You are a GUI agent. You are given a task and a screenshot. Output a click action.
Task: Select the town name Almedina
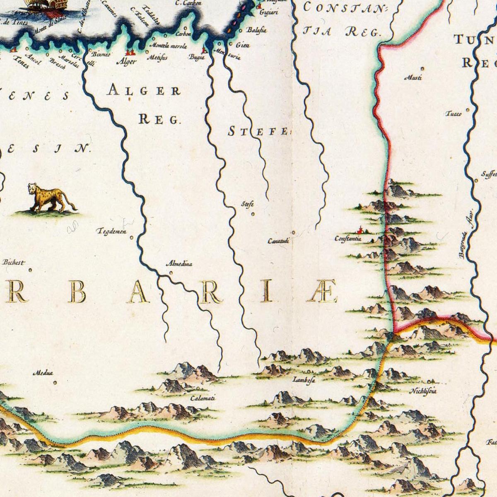click(179, 263)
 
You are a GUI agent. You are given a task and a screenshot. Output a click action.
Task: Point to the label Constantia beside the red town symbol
click(348, 239)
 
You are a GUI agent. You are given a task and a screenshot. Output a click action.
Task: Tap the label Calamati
click(203, 398)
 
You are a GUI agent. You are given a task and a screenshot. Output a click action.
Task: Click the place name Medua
click(43, 374)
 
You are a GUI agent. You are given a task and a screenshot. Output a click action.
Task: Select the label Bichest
click(13, 262)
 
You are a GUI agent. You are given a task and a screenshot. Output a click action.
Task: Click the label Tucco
click(453, 114)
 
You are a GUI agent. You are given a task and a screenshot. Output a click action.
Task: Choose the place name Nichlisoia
click(423, 391)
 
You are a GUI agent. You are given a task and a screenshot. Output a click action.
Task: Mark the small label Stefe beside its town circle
click(247, 204)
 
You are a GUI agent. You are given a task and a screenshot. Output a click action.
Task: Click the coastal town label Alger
click(127, 62)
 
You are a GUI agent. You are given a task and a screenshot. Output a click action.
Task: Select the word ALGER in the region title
click(143, 90)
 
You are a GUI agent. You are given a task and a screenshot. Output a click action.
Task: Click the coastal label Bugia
click(197, 58)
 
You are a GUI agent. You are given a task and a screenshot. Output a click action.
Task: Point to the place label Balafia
click(256, 30)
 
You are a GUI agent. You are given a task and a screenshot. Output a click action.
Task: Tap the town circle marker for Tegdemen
click(132, 237)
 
